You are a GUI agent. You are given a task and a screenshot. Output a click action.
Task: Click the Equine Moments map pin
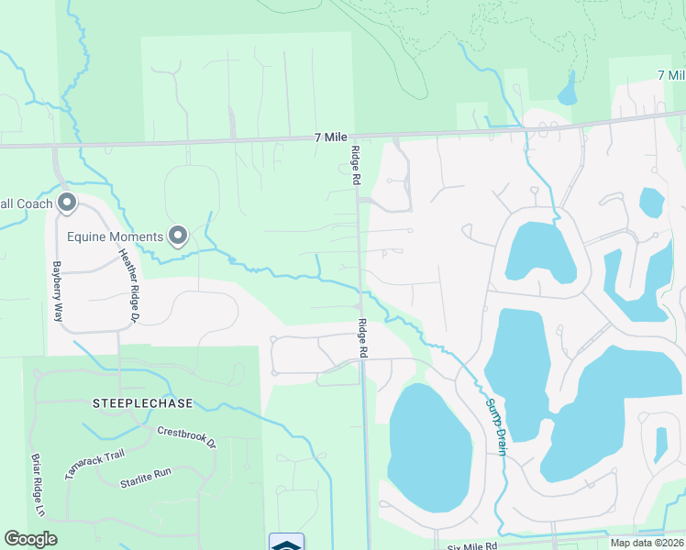coord(178,236)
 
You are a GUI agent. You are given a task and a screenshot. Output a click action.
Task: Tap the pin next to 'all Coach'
coord(66,202)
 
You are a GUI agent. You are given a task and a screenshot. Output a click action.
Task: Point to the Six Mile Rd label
coord(471,545)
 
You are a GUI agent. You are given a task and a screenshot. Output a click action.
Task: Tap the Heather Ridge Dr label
coord(127,287)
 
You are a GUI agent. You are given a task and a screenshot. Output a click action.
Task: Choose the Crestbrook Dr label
coord(185,436)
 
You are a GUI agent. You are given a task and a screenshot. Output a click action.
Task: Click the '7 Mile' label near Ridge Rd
coord(327,137)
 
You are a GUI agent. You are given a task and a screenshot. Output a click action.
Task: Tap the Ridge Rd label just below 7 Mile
coord(354,166)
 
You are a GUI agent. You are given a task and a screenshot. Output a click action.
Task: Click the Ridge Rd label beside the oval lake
coord(363,338)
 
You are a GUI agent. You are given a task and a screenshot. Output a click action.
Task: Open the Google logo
coord(30,539)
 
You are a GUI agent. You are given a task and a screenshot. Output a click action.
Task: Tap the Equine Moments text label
coord(116,236)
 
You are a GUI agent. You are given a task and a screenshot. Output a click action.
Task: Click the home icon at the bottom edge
coord(286,542)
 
